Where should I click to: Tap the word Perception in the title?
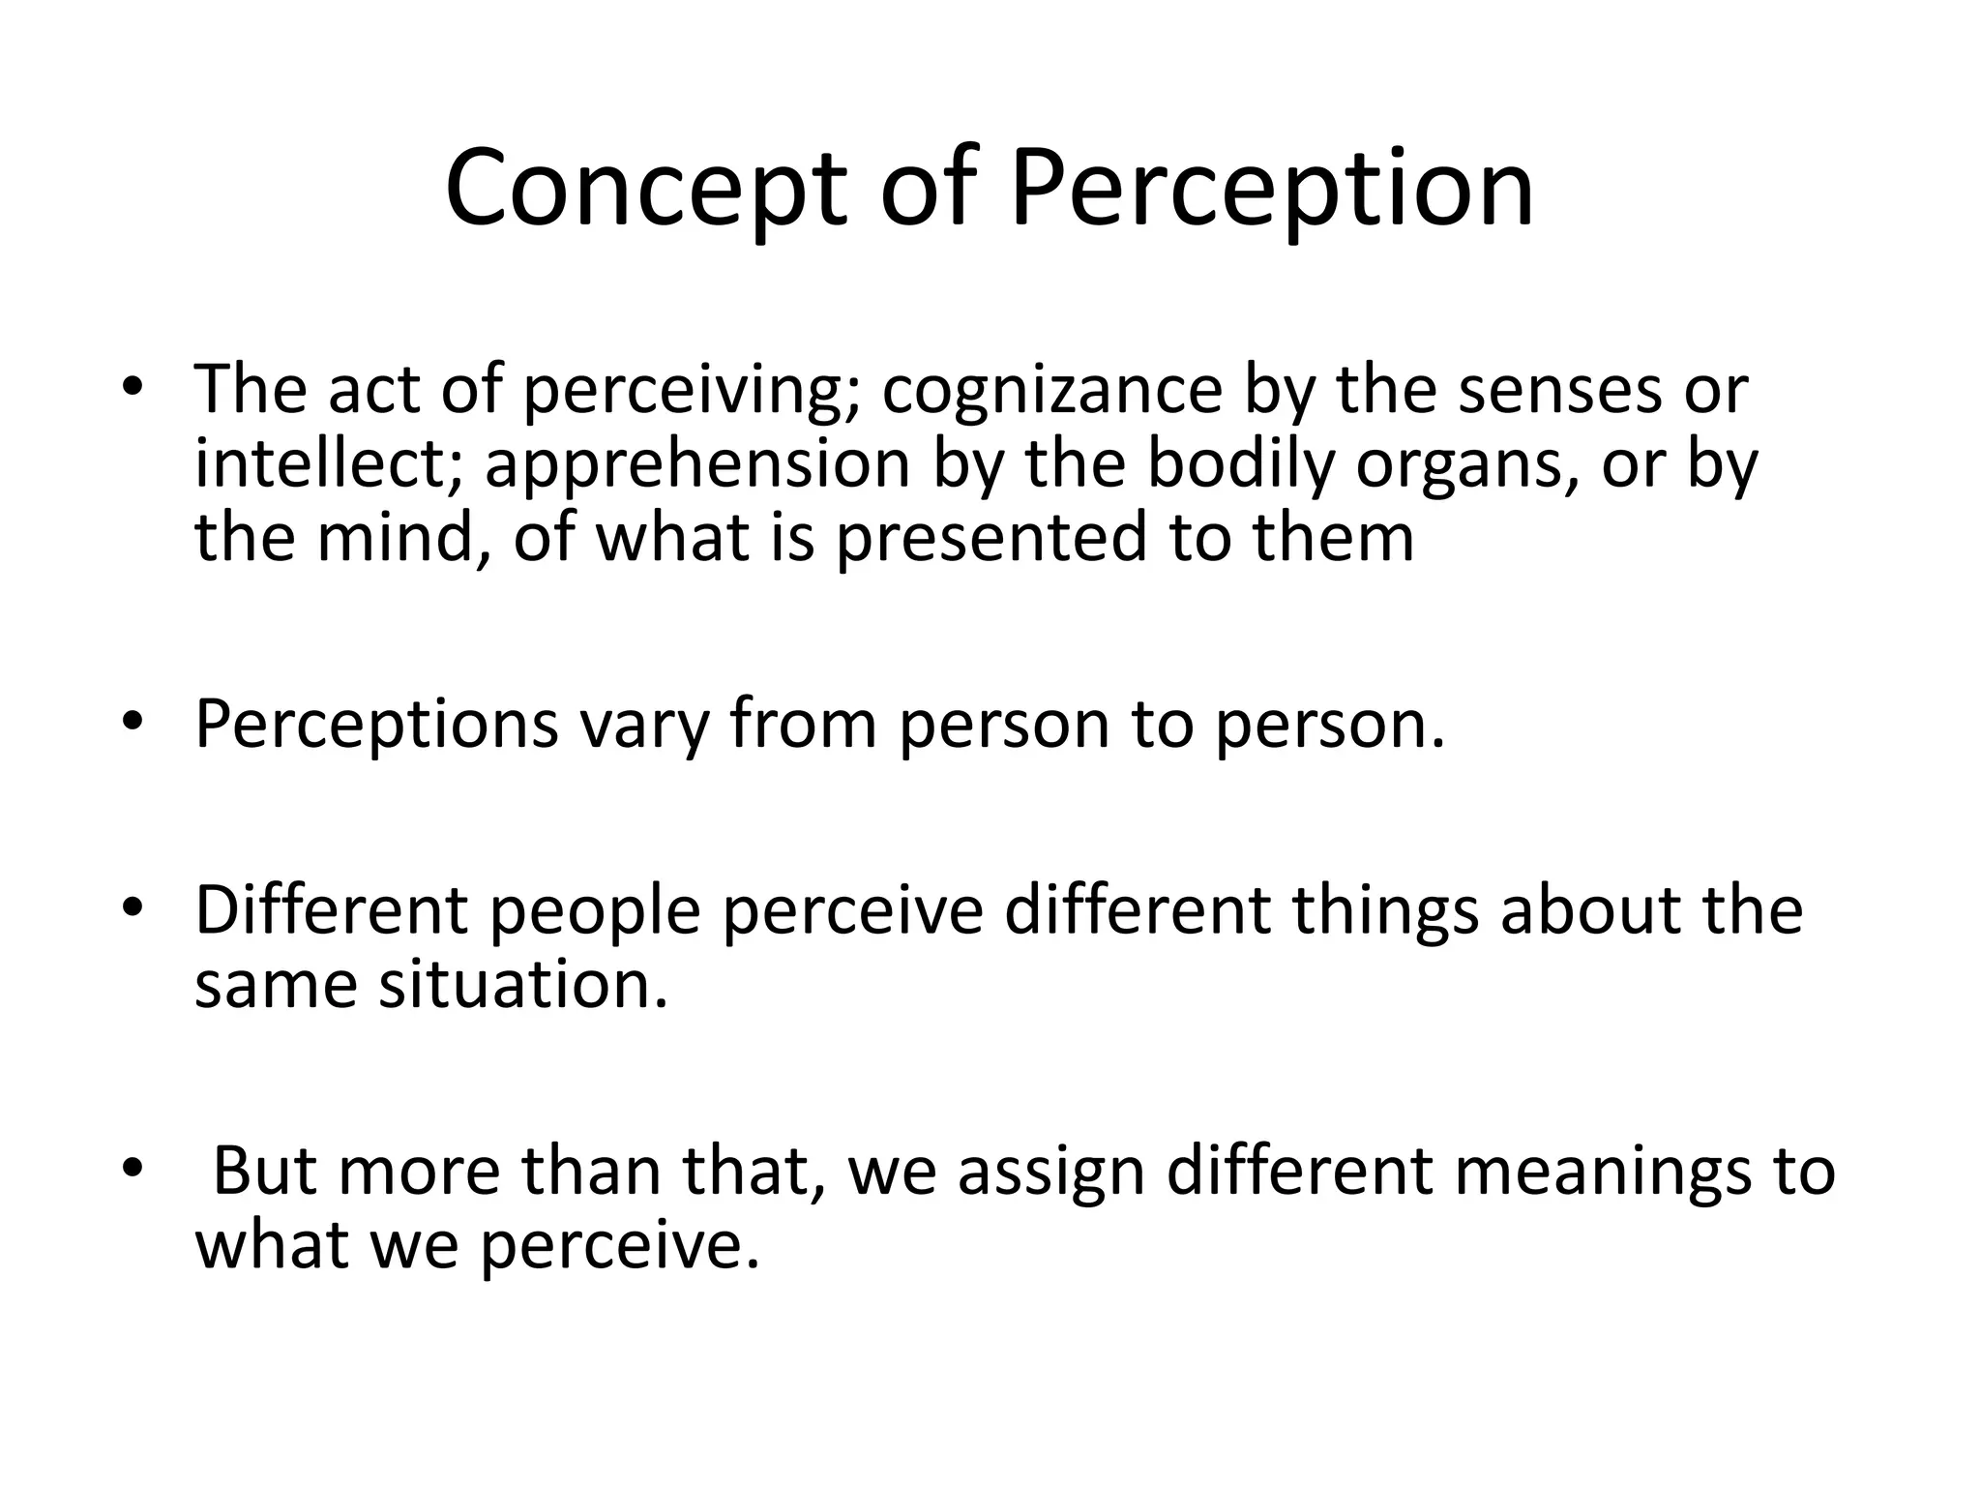tap(1272, 189)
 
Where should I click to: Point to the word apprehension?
tap(697, 464)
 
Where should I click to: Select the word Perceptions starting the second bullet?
tap(377, 725)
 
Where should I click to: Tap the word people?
tap(596, 912)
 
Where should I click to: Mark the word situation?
tap(522, 985)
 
